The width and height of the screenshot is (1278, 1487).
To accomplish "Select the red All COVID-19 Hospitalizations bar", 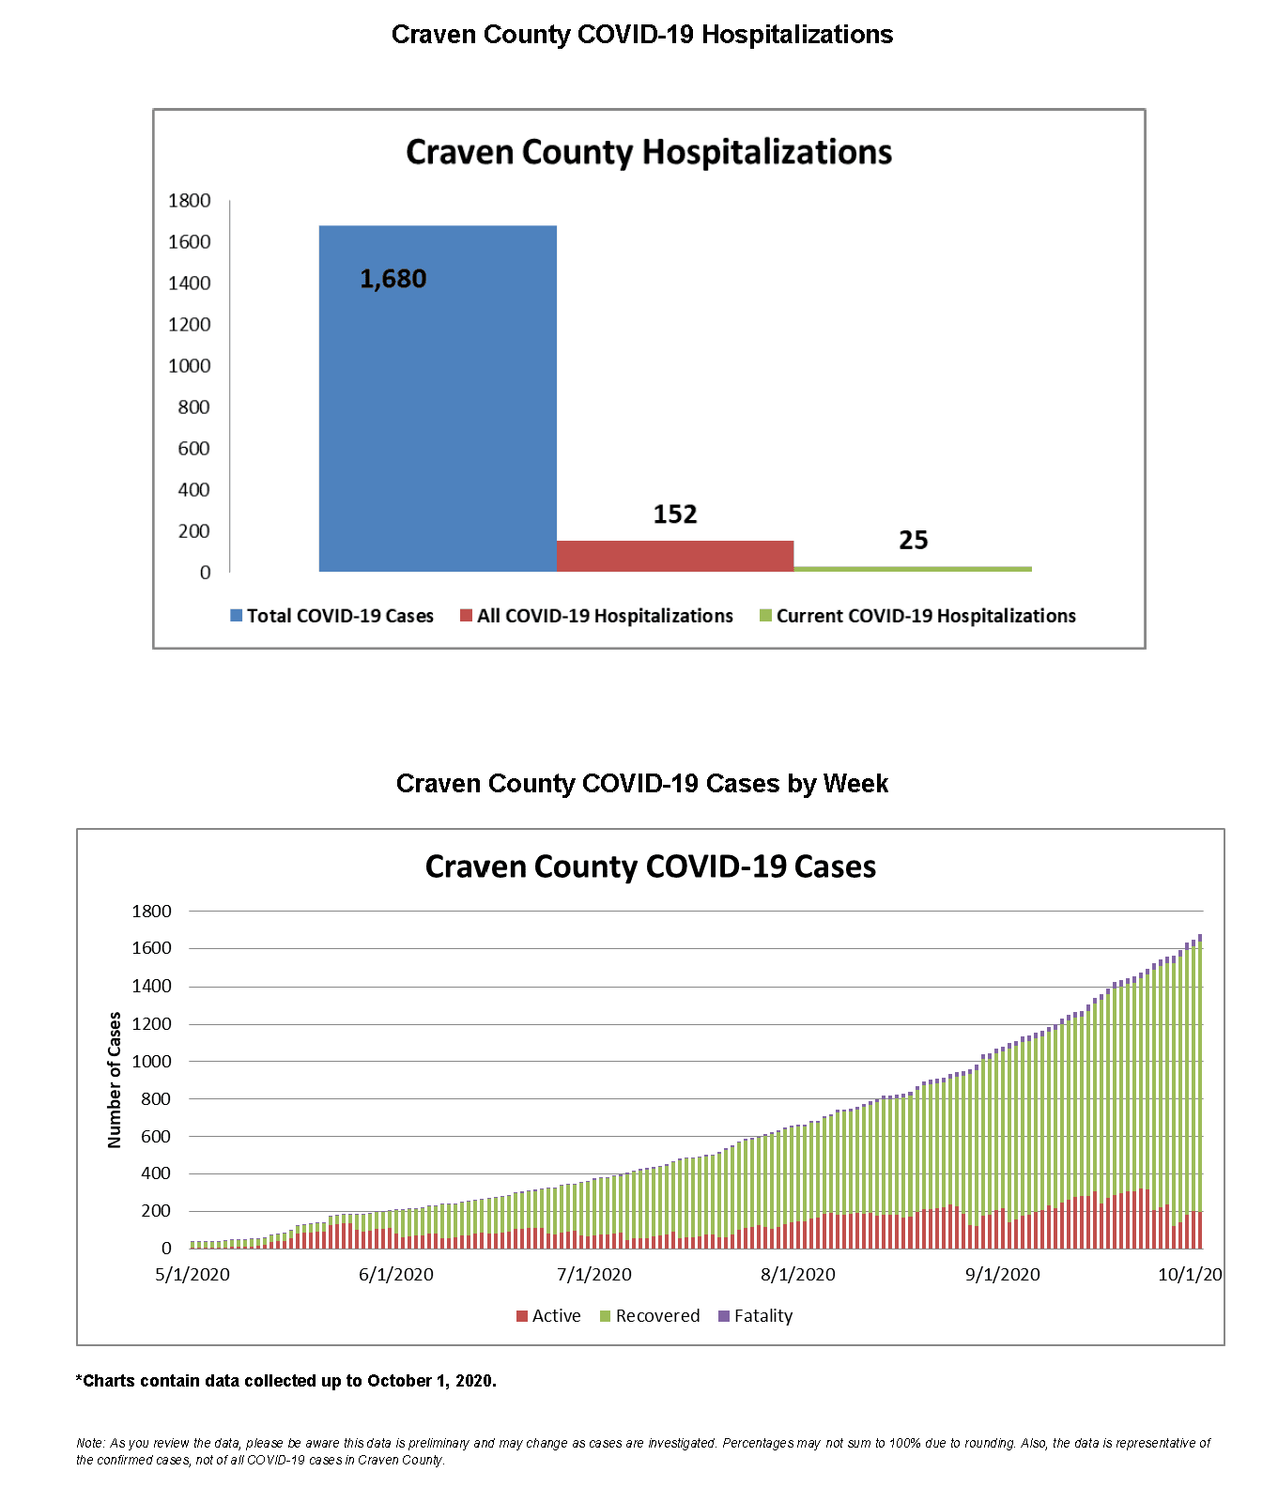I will click(x=675, y=556).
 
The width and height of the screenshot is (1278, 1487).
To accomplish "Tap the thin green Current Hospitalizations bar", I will click(x=913, y=569).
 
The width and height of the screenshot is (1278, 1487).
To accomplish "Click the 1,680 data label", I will click(x=393, y=279).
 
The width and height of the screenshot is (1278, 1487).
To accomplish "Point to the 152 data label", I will click(x=675, y=514).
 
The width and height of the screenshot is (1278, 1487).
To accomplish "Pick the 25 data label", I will click(x=913, y=540).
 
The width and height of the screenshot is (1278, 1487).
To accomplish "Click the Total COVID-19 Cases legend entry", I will click(x=332, y=616).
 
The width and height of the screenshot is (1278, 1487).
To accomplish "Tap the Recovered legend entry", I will click(x=650, y=1316).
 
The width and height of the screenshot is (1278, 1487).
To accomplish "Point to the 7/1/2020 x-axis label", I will click(x=594, y=1274).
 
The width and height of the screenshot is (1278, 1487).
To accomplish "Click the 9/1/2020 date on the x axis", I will click(x=1003, y=1274).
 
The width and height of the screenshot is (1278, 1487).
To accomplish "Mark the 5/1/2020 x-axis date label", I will click(x=192, y=1274).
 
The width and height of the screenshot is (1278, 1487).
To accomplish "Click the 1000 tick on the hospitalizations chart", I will click(x=189, y=366).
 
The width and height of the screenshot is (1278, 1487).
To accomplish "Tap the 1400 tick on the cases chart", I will click(x=151, y=986).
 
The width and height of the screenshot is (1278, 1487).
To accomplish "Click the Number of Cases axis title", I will click(x=115, y=1080).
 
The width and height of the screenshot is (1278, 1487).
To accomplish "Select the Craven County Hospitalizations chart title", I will click(x=649, y=152).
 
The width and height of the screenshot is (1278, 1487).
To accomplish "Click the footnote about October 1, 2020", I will click(x=286, y=1381).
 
